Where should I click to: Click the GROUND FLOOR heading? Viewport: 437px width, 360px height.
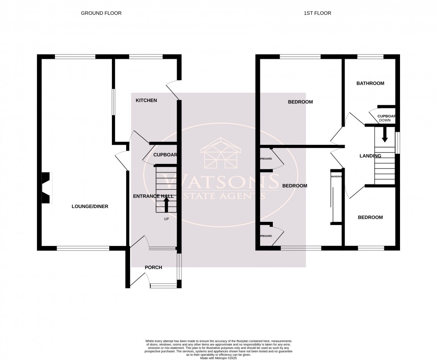pos(101,13)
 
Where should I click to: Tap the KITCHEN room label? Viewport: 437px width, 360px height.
pos(146,101)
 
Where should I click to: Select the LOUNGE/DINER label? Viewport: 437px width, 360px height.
pos(90,206)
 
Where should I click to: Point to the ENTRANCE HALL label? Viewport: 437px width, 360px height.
pos(153,196)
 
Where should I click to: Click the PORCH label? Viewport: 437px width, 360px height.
pos(153,267)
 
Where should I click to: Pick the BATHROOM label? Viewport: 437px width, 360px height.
pos(370,83)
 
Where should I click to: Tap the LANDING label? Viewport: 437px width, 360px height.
pos(370,156)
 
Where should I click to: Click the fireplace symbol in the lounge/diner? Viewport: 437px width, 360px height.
pos(47,188)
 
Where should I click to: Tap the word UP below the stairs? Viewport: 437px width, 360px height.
pos(166,219)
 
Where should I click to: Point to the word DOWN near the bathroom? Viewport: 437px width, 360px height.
pos(384,121)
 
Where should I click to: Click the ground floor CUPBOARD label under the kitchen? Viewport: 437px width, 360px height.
pos(165,155)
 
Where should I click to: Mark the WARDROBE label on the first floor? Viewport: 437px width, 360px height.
pos(336,177)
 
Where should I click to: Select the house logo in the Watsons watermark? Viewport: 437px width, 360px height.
pos(222,154)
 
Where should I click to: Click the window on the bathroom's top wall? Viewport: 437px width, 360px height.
pos(371,57)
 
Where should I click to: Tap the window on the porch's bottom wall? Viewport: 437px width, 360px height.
pos(163,286)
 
